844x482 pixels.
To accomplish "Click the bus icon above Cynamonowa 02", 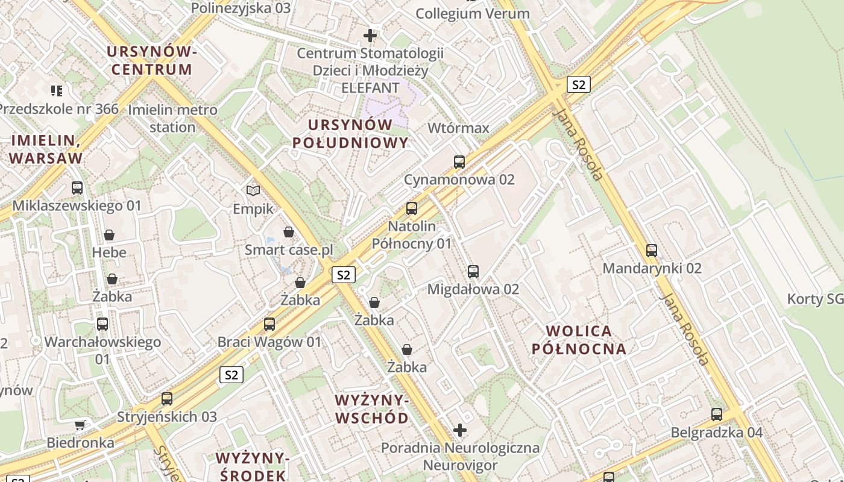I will pos(459,161).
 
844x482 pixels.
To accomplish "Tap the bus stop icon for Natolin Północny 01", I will pos(412,208).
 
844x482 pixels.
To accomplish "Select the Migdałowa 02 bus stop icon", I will pos(473,272).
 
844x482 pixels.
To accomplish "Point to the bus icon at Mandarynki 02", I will pos(652,251).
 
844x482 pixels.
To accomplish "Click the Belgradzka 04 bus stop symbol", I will pos(717,415).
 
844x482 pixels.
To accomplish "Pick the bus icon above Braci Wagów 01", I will pos(269,324).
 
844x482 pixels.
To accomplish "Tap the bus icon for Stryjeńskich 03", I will pos(167,399).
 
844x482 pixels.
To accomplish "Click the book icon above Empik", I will pos(253,191).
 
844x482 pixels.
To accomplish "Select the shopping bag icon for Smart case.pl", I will pos(289,232).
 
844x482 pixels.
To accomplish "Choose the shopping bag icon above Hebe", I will pos(109,234).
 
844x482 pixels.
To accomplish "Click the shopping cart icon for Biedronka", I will pos(80,425).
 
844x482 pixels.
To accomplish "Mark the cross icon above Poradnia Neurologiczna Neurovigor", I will pos(460,430).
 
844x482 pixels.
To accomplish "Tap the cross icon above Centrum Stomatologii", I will pos(370,36).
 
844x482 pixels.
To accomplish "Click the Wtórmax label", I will pos(458,128).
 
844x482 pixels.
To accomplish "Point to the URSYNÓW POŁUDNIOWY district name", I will pos(350,134).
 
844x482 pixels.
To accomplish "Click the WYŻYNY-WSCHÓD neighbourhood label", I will pos(372,409).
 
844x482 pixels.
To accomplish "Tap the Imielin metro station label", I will pos(172,118).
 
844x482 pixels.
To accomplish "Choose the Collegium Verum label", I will pos(473,13).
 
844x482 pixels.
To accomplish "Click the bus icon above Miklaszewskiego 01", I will pos(77,188).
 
